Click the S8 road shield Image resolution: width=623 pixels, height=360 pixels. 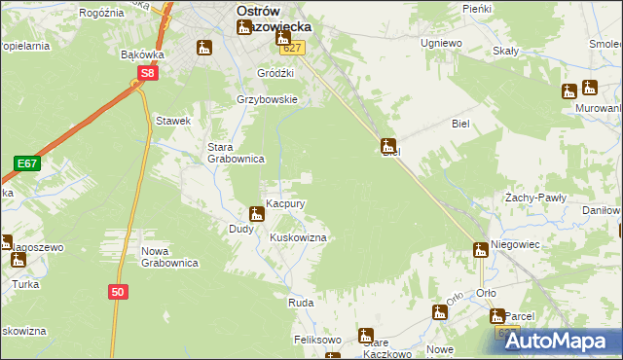(146, 73)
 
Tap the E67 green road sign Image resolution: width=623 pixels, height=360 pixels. (26, 164)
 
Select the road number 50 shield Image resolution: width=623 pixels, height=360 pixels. (117, 291)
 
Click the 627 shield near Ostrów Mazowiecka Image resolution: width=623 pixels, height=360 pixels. (295, 48)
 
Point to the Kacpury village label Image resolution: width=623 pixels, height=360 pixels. (287, 204)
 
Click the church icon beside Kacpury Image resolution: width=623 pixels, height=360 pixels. (257, 213)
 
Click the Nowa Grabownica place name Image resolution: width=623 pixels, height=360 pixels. (169, 257)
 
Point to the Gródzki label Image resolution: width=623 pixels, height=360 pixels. (275, 73)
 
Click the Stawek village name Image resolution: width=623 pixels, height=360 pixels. (172, 121)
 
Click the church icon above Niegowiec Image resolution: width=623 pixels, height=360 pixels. (480, 249)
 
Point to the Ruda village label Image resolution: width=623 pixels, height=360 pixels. (300, 304)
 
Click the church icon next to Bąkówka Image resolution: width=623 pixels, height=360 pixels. (204, 47)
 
